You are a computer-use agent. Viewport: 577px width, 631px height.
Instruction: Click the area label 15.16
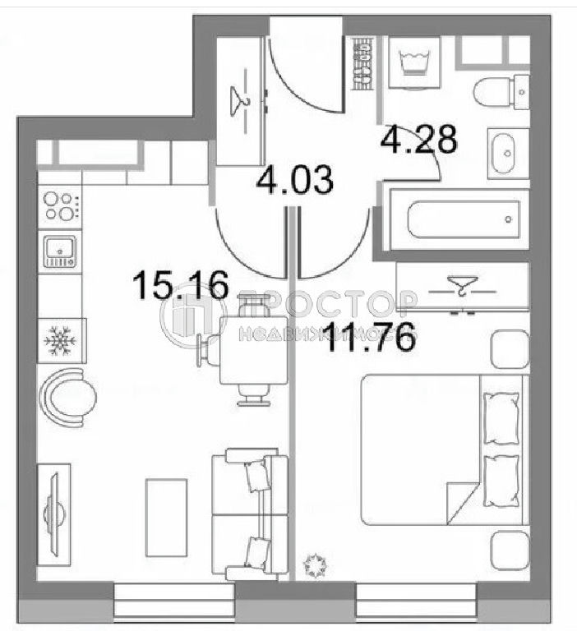(x=180, y=285)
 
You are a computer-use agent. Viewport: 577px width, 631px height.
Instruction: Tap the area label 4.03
(x=295, y=179)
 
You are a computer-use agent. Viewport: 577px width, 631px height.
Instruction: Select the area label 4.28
(x=418, y=139)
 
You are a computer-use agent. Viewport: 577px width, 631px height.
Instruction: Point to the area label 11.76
(x=370, y=337)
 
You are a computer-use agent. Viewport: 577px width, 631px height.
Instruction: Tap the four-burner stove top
(x=60, y=207)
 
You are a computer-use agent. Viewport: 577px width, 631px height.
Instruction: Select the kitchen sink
(x=60, y=251)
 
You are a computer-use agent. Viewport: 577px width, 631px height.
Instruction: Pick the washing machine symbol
(x=414, y=62)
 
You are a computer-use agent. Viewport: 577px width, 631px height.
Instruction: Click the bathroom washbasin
(x=508, y=154)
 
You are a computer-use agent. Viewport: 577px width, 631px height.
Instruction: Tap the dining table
(x=254, y=350)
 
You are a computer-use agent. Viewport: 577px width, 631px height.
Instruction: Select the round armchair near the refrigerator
(x=67, y=398)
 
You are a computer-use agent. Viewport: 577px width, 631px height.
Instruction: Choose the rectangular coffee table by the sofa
(x=166, y=518)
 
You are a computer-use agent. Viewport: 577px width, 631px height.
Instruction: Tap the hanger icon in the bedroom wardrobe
(x=463, y=286)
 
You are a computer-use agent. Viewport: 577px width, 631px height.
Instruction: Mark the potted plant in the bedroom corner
(x=315, y=565)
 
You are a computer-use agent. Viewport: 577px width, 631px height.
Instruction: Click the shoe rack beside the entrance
(x=362, y=63)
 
